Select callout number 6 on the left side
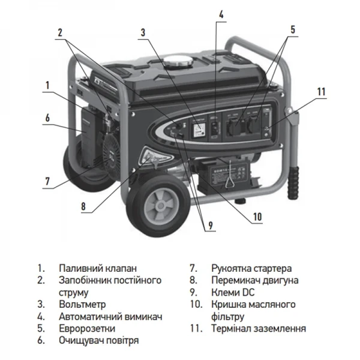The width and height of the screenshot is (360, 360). [x=47, y=118]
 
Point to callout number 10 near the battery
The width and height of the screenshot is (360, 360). [x=257, y=217]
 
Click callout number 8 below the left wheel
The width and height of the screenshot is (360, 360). [x=84, y=207]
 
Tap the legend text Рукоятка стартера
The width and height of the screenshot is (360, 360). [x=251, y=268]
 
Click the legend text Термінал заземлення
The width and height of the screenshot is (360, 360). [x=258, y=328]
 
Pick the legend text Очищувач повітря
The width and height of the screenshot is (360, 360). [x=99, y=340]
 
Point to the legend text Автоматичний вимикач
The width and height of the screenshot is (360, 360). [x=111, y=316]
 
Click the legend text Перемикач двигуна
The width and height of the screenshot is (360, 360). [x=254, y=280]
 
